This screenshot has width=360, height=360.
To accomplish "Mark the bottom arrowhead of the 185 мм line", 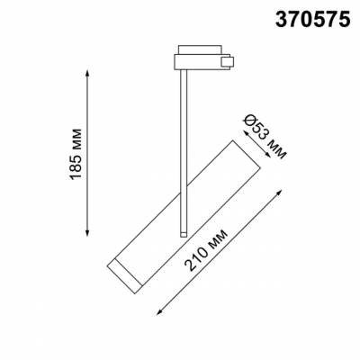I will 86,235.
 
